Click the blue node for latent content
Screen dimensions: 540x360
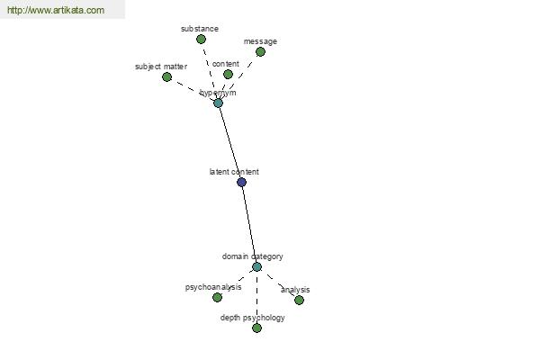pos(242,182)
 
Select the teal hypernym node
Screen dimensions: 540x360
pos(218,103)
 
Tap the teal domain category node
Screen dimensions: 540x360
pos(256,266)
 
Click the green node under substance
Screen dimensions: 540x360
pos(201,40)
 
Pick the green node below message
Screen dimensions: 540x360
pos(260,52)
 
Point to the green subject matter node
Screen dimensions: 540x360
pos(167,76)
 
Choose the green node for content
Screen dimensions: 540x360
pos(228,74)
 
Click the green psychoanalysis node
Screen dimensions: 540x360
pos(217,297)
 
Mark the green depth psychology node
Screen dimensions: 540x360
pos(256,328)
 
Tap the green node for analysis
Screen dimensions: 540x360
pos(300,300)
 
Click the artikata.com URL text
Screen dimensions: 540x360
pos(56,10)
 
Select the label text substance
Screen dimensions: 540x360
pos(200,29)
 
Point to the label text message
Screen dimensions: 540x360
pos(260,41)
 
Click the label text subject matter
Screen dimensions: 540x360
pos(161,67)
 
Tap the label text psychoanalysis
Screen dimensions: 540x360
pos(213,287)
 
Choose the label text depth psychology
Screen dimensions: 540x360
pos(252,318)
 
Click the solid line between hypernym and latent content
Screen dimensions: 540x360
pos(230,142)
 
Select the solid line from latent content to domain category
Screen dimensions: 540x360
pos(249,224)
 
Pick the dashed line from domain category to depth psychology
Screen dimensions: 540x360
pos(256,297)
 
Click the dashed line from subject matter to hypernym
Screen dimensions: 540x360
pos(193,90)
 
